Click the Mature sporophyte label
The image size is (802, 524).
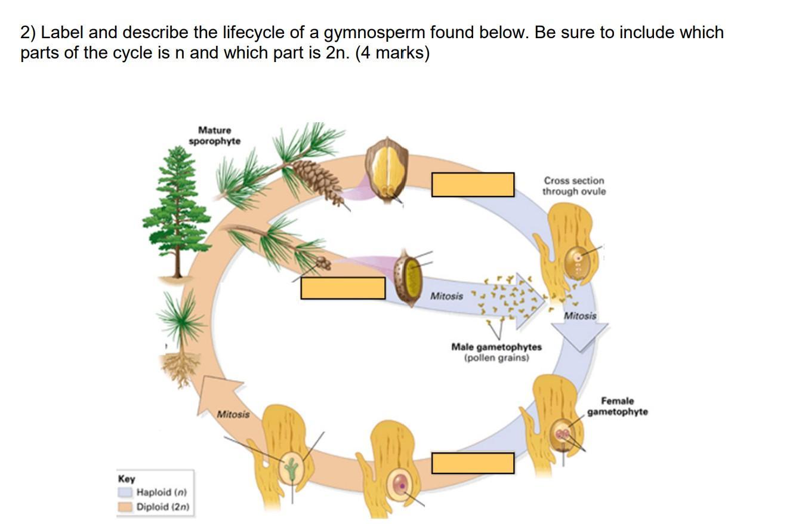coord(215,135)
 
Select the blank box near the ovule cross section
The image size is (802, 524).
coord(473,184)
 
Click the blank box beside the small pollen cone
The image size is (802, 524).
coord(343,288)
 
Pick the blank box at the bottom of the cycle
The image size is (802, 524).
coord(473,463)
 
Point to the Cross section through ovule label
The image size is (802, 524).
coord(573,186)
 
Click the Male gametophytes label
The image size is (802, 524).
coord(496,347)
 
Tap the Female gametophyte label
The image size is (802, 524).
coord(618,406)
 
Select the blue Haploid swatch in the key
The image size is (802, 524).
coord(125,492)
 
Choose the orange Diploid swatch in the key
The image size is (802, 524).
coord(125,507)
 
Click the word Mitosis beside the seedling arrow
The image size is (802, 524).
coord(233,414)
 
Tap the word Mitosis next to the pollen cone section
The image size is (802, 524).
coord(446,296)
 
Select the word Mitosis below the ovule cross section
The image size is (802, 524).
coord(580,316)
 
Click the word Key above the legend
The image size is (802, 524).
coord(127,479)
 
